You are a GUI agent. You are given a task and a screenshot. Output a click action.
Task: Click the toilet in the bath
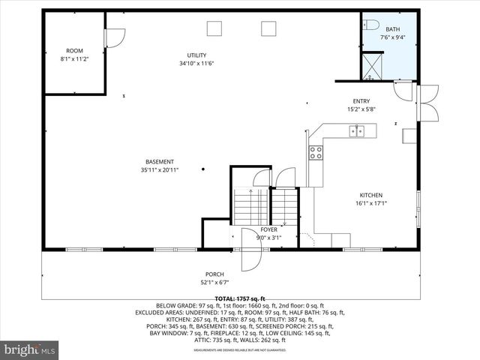(373, 25)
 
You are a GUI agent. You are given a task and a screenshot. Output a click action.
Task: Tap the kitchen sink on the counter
(356, 132)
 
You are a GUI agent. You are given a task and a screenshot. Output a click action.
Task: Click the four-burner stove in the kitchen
(316, 152)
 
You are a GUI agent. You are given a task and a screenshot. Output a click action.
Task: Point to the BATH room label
(393, 29)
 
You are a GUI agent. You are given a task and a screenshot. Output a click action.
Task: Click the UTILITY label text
(196, 55)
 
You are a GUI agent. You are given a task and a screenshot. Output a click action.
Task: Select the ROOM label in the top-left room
(74, 51)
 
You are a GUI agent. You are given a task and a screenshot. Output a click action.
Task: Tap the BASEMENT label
(160, 162)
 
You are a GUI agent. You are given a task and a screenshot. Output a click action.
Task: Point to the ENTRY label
(361, 101)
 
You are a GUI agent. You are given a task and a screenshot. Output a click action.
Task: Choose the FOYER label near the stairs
(268, 229)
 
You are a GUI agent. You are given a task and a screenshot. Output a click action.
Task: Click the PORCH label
(214, 274)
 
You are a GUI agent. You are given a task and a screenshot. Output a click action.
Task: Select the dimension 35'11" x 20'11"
(160, 170)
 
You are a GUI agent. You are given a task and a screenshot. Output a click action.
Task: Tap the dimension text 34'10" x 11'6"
(196, 63)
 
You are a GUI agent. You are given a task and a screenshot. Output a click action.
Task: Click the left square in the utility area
(215, 28)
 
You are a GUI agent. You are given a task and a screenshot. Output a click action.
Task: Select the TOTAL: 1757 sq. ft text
(241, 298)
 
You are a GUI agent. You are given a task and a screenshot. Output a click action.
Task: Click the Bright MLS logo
(30, 349)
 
